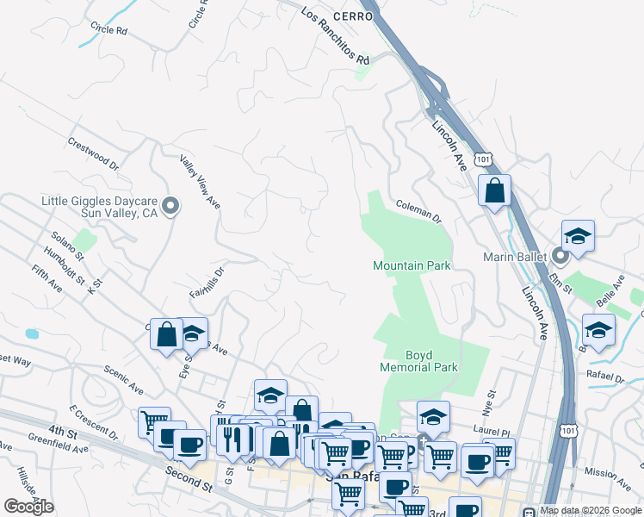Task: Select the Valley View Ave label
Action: click(x=201, y=181)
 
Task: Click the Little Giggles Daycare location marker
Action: click(x=170, y=205)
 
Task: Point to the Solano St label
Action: click(x=66, y=246)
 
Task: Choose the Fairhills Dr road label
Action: click(x=207, y=282)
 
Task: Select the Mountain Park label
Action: click(x=412, y=266)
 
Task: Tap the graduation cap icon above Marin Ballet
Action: click(x=579, y=235)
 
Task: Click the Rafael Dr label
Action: click(x=606, y=377)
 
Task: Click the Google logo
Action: click(x=29, y=506)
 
